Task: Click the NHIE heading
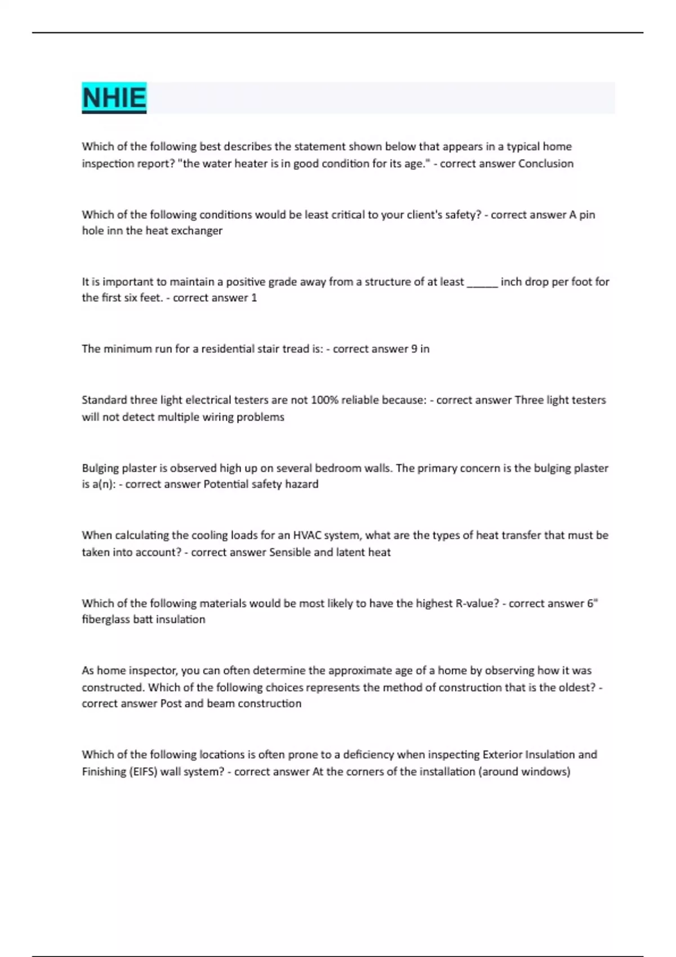click(114, 98)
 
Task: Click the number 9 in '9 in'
click(414, 349)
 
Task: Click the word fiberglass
click(106, 619)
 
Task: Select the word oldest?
click(576, 687)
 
